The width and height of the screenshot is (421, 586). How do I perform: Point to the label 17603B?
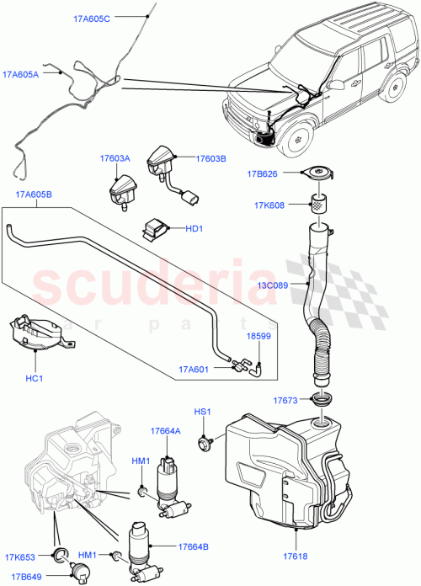click(213, 158)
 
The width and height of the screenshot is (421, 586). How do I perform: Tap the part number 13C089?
click(270, 285)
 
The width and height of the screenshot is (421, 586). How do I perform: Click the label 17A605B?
click(35, 194)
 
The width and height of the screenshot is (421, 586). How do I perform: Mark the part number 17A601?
click(194, 368)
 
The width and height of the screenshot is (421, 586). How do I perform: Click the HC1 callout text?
click(35, 379)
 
